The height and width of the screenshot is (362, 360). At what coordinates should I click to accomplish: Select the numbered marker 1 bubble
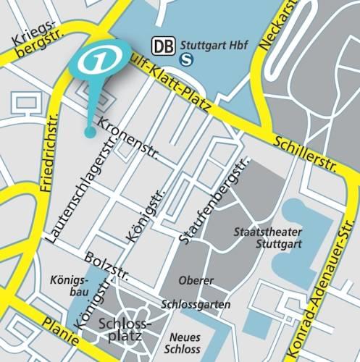click(99, 62)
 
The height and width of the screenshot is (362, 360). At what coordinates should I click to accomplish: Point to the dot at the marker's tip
click(89, 132)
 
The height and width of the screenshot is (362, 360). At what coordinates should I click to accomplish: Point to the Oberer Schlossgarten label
click(196, 292)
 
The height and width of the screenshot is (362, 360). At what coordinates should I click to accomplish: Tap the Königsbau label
click(70, 285)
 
